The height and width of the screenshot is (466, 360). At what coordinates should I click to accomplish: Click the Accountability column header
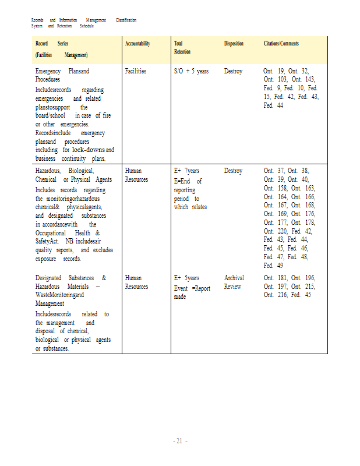click(x=137, y=44)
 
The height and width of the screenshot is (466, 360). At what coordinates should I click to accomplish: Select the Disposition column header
click(x=234, y=44)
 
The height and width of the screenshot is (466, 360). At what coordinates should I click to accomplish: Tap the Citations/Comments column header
click(x=281, y=44)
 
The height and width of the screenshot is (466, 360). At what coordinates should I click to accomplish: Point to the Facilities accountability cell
click(x=135, y=71)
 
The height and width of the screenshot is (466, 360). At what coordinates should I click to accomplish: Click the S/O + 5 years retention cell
click(x=191, y=71)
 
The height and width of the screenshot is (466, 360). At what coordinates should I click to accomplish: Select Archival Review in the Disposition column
click(x=234, y=282)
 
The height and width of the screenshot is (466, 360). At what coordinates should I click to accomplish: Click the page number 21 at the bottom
click(x=180, y=441)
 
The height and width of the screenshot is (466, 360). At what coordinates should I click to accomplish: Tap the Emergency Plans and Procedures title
click(x=62, y=75)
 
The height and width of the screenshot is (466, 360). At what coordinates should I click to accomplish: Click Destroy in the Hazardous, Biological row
click(x=233, y=171)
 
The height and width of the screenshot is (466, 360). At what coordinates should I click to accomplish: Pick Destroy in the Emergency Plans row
click(x=233, y=71)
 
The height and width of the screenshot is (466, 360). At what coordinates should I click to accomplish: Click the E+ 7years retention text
click(x=186, y=171)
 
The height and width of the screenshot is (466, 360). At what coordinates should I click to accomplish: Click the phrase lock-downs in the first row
click(x=87, y=150)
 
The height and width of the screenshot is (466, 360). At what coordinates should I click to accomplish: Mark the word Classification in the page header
click(x=126, y=20)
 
